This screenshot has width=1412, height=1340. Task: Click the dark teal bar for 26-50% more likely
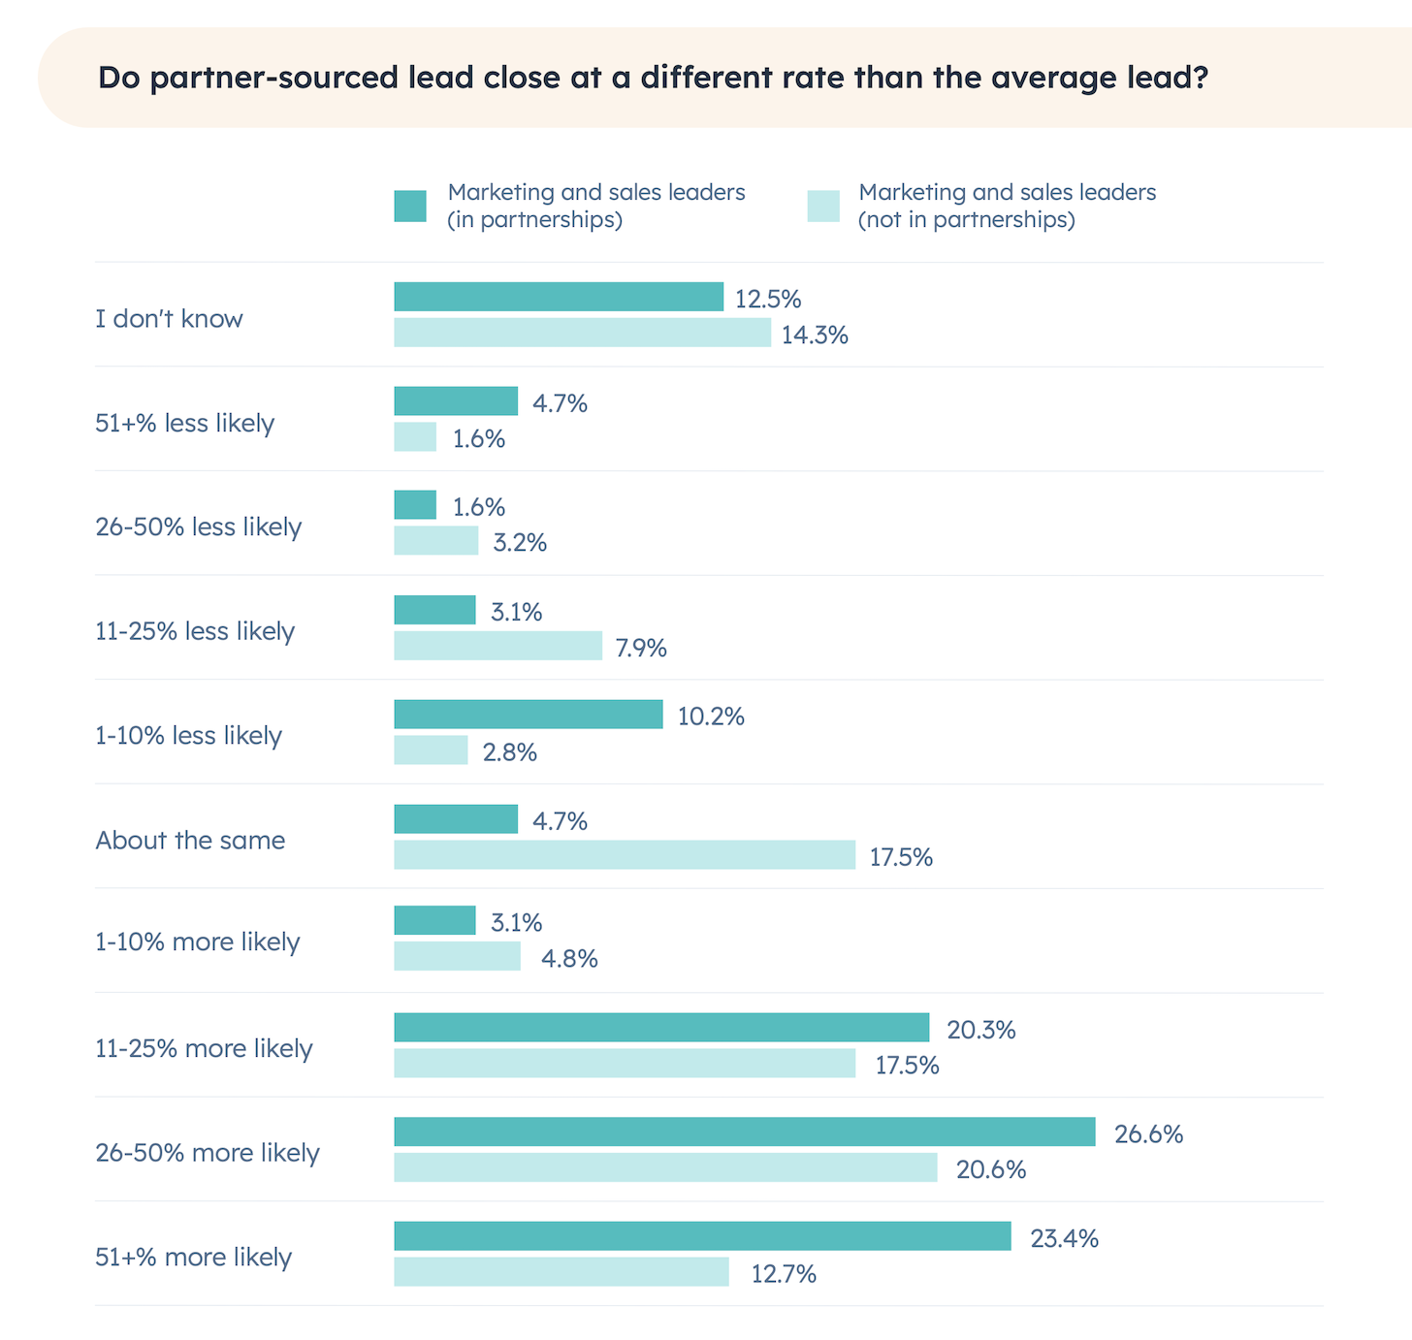tap(744, 1132)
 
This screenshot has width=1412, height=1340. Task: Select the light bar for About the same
tap(625, 855)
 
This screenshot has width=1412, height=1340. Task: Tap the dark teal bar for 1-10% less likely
tap(529, 715)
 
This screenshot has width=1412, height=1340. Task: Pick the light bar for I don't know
tap(582, 333)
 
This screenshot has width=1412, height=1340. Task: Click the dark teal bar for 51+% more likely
tap(702, 1236)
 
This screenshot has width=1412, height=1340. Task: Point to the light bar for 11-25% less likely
tap(497, 646)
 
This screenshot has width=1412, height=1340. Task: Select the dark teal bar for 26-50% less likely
tap(415, 505)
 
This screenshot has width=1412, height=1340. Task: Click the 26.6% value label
tap(1148, 1133)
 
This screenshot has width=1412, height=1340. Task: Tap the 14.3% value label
tap(815, 335)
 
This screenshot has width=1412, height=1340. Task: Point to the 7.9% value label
tap(641, 648)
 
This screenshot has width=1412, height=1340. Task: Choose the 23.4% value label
tap(1064, 1238)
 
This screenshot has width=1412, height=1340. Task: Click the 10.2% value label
tap(711, 717)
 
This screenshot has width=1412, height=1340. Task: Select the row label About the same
tap(190, 840)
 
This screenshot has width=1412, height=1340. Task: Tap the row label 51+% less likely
tap(184, 423)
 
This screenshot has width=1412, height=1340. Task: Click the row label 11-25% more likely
tap(204, 1048)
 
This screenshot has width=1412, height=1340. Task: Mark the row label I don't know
tap(169, 318)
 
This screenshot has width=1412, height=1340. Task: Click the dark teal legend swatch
tap(410, 207)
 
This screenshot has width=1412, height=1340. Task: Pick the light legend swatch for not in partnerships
tap(823, 207)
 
